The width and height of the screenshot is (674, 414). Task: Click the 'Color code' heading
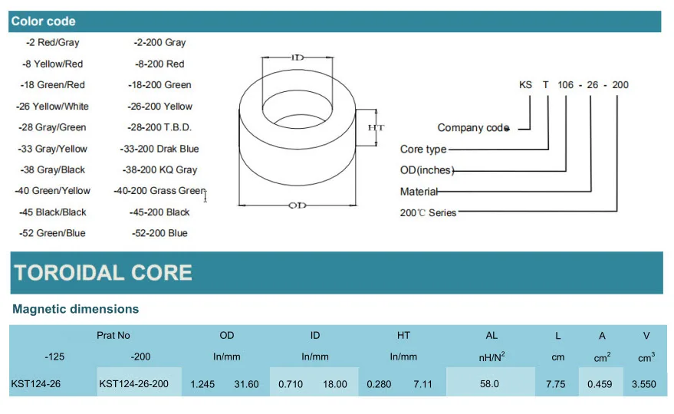43,21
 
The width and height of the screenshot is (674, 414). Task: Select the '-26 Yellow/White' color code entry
52,107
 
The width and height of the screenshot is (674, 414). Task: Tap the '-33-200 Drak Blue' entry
159,149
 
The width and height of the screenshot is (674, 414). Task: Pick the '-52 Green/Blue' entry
52,233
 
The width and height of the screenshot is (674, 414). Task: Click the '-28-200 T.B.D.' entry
159,127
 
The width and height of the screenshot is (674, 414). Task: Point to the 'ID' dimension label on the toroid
298,58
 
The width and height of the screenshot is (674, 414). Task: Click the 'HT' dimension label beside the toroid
376,127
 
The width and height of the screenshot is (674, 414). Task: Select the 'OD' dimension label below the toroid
298,205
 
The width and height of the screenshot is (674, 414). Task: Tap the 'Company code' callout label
472,128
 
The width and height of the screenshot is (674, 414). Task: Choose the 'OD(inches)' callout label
427,170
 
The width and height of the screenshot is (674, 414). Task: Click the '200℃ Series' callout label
428,212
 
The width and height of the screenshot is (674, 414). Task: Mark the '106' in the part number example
566,85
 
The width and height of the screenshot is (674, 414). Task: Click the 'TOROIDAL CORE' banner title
104,273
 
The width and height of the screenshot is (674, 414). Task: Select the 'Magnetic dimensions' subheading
76,310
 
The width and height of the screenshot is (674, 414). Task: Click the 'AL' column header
492,336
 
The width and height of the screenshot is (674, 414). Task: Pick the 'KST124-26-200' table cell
134,384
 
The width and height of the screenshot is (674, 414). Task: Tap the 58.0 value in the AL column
489,384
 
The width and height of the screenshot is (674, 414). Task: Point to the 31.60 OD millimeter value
246,384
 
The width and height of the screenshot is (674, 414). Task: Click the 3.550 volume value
643,384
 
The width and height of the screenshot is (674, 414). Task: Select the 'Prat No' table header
113,336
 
